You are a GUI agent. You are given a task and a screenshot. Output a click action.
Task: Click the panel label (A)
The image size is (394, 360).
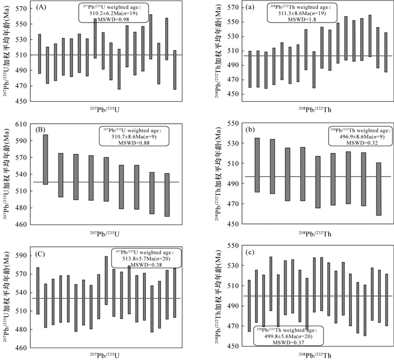coord(42,8)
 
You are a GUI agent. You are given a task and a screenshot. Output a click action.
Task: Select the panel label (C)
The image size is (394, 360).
coord(42,252)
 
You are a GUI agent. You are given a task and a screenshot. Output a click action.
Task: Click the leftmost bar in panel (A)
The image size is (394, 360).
coord(39,54)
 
